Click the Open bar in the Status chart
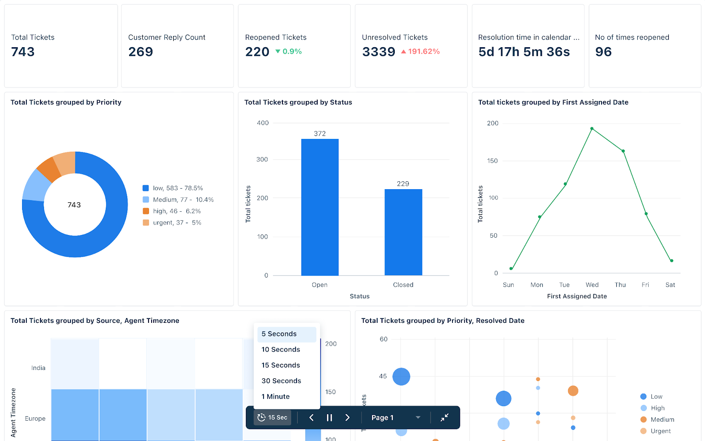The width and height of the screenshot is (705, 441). coord(320,207)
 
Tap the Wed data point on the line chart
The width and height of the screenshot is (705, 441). coord(592,129)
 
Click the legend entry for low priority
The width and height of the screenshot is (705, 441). coord(173,188)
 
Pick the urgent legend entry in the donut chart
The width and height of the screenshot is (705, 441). coord(172,223)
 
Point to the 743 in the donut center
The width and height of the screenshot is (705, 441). coord(74,205)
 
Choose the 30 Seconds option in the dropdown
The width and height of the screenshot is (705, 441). coord(281,381)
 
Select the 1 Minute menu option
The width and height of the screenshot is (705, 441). coord(275,396)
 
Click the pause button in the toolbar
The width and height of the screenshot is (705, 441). coord(329,418)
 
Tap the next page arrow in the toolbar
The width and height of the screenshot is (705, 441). coord(347,418)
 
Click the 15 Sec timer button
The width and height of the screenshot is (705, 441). coord(272,418)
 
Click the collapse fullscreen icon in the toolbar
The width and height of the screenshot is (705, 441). coord(445,418)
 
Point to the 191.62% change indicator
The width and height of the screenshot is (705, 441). coord(420,52)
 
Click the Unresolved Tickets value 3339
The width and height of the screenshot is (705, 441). coord(378,52)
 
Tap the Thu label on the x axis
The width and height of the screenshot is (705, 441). coord(620,285)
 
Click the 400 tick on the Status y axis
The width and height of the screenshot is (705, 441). coord(263,123)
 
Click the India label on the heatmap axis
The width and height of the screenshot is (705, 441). coord(38,368)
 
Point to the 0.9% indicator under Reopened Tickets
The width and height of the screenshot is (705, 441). coord(289,52)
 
